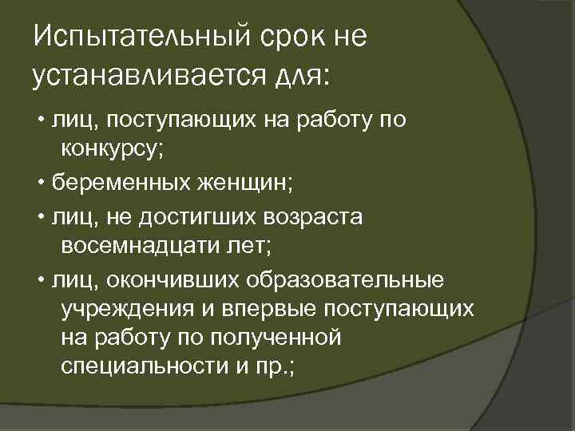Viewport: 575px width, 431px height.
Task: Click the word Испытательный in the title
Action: pyautogui.click(x=139, y=37)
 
